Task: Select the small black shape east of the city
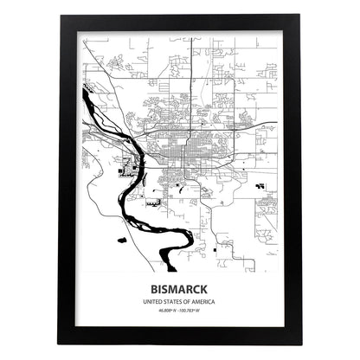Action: [259, 186]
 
